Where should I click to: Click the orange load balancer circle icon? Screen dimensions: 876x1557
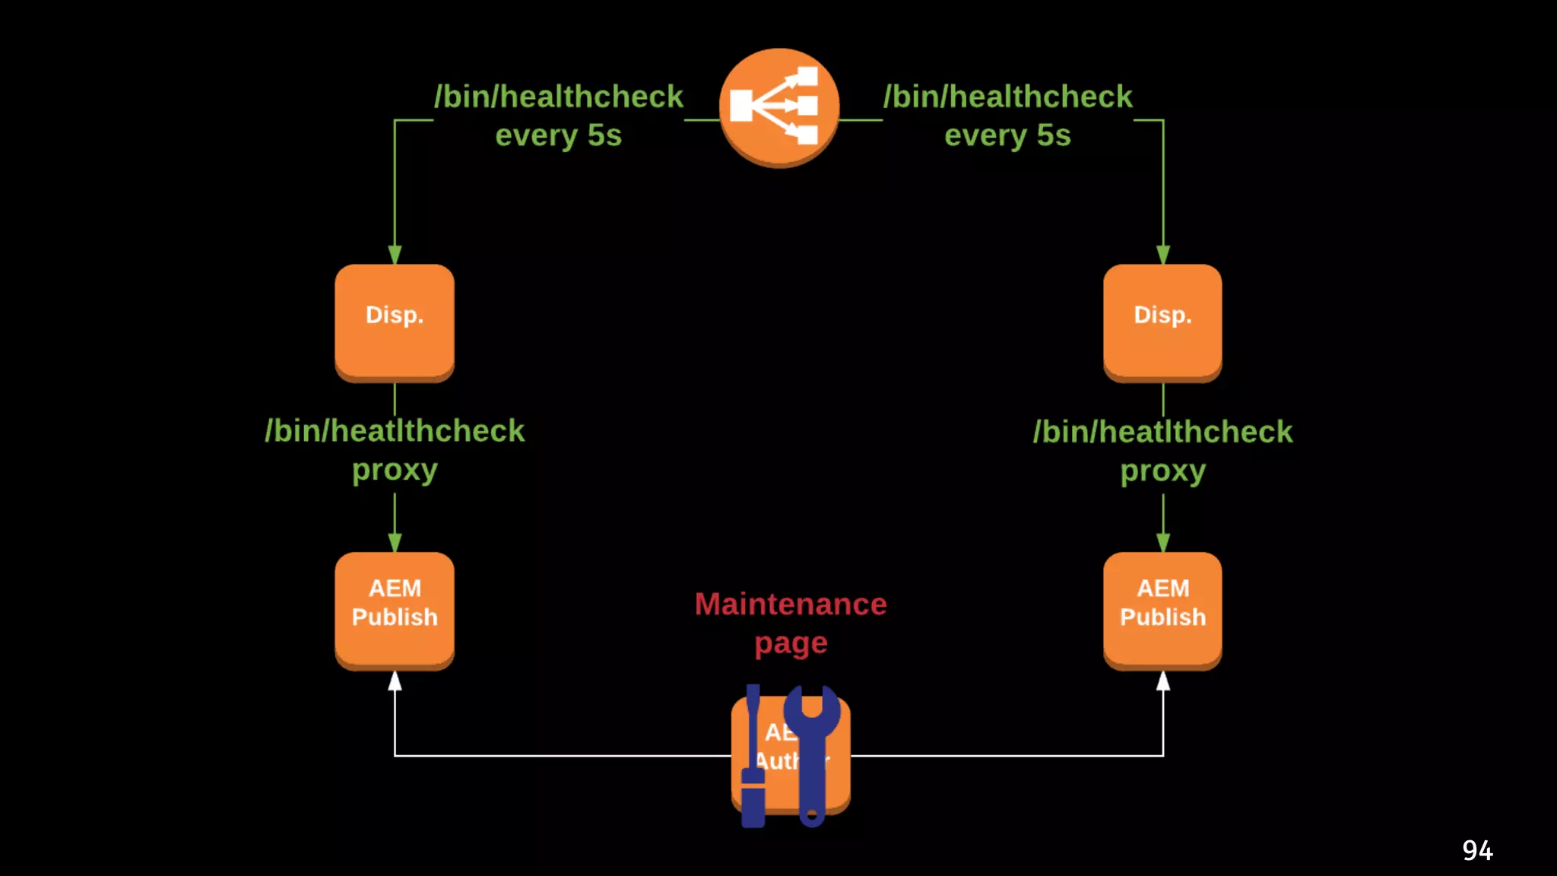(x=778, y=106)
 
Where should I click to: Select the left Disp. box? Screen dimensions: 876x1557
(x=395, y=321)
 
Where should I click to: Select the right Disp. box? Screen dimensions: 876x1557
(x=1162, y=321)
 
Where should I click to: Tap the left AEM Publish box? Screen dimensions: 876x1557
(x=395, y=608)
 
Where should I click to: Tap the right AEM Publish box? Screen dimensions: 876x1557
(x=1162, y=608)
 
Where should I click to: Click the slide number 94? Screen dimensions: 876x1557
(x=1477, y=850)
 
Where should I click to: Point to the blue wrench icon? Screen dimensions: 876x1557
(x=812, y=753)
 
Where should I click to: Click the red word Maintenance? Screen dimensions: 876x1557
(x=791, y=605)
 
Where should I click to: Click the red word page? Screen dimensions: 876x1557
(x=791, y=644)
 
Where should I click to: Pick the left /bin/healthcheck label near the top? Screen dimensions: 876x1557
(x=559, y=97)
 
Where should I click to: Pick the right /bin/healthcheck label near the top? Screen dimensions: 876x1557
(x=1007, y=97)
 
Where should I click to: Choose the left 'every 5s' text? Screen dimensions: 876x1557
(x=559, y=135)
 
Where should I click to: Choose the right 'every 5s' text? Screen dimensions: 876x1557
(x=1007, y=135)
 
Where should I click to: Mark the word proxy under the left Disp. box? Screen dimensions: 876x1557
(x=395, y=470)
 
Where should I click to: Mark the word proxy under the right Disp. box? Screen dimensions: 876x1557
(x=1162, y=471)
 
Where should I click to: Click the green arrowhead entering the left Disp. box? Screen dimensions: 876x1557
(x=395, y=255)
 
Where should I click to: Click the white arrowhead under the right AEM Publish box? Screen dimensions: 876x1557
(x=1163, y=681)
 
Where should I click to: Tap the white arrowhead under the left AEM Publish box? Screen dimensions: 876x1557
(x=395, y=681)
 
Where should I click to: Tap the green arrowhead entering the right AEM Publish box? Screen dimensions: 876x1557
(x=1163, y=543)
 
